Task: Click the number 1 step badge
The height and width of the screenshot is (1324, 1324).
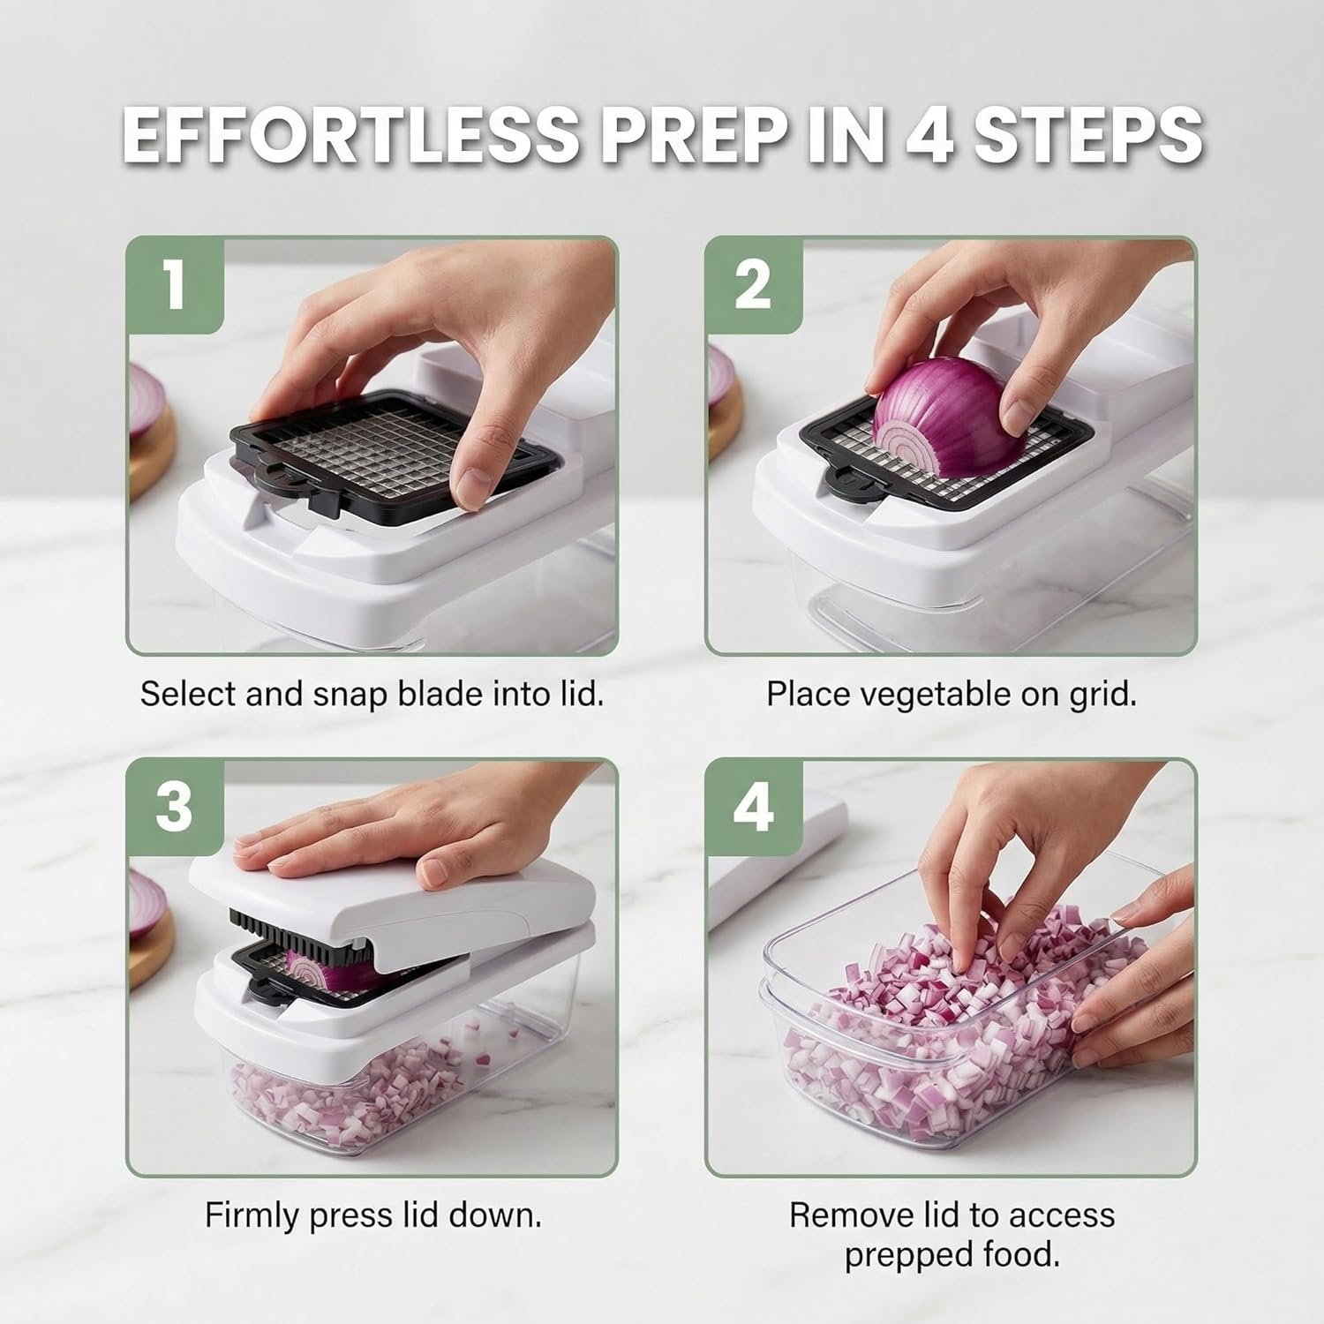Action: (x=175, y=284)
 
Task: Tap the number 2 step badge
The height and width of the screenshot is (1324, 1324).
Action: (x=753, y=284)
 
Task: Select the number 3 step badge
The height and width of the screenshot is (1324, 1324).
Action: (x=175, y=807)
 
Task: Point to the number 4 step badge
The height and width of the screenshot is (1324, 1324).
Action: (x=753, y=807)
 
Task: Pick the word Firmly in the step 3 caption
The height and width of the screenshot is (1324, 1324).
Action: (x=252, y=1216)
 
